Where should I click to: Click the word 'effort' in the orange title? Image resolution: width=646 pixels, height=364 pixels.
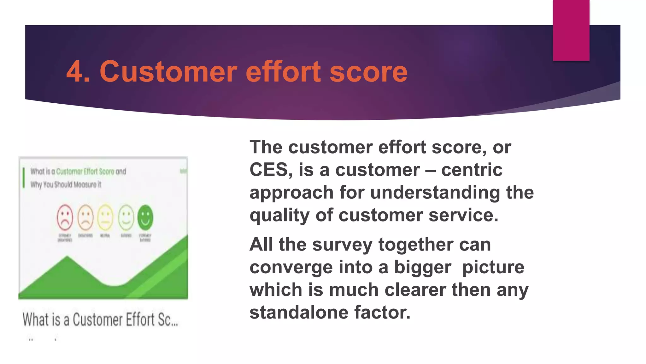[x=283, y=72]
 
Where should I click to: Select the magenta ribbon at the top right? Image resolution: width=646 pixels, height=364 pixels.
[x=571, y=30]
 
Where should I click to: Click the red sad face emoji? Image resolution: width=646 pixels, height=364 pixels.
[x=65, y=218]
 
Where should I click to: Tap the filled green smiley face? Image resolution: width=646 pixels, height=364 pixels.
[x=145, y=218]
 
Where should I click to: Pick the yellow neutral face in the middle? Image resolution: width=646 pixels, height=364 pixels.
[x=105, y=218]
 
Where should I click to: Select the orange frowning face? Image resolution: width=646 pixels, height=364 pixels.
[x=85, y=218]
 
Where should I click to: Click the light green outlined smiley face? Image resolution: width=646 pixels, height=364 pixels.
[x=126, y=218]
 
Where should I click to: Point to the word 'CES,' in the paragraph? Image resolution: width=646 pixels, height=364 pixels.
[x=271, y=170]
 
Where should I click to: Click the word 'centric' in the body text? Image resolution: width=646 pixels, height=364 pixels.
[x=472, y=170]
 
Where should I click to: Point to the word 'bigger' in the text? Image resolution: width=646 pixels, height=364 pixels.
[x=422, y=267]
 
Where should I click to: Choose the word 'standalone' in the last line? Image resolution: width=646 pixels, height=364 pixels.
[x=299, y=312]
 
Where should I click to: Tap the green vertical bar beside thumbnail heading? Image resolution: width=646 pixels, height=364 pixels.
[x=24, y=178]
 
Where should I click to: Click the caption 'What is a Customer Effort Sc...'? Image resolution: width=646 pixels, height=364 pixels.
[x=100, y=319]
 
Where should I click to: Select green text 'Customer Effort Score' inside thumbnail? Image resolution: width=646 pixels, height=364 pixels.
[x=85, y=172]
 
